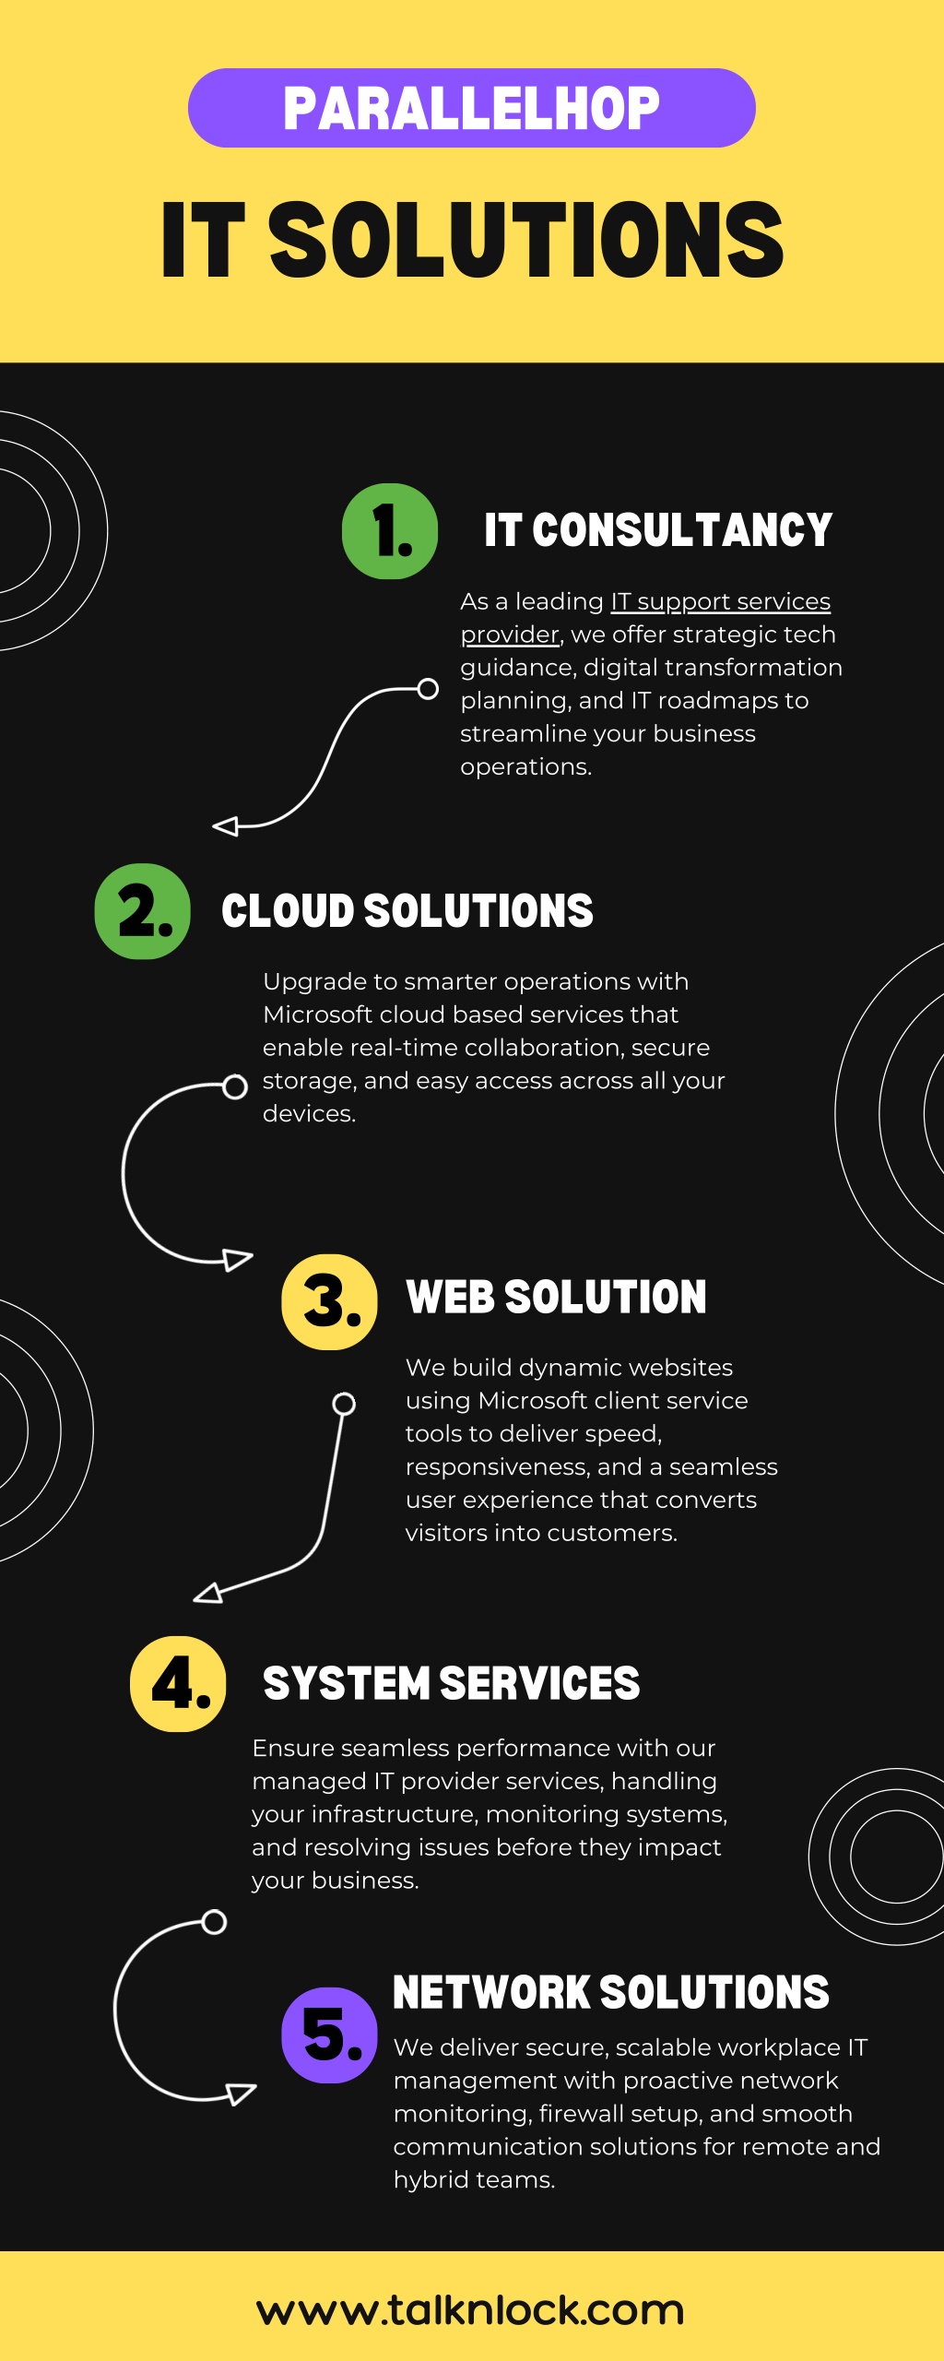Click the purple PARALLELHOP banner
pyautogui.click(x=472, y=108)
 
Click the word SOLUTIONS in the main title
pyautogui.click(x=525, y=240)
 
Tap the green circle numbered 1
pyautogui.click(x=390, y=531)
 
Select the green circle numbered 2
pyautogui.click(x=143, y=911)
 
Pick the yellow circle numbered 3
pyautogui.click(x=329, y=1302)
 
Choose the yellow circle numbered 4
pyautogui.click(x=178, y=1684)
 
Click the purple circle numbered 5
pyautogui.click(x=329, y=2035)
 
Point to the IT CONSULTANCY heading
pyautogui.click(x=658, y=530)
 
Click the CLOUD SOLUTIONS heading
pyautogui.click(x=407, y=911)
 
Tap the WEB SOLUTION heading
pyautogui.click(x=556, y=1297)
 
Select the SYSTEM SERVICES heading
pyautogui.click(x=451, y=1683)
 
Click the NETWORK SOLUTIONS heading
pyautogui.click(x=611, y=1992)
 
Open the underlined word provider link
pyautogui.click(x=510, y=635)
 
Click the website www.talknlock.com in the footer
pyautogui.click(x=470, y=2310)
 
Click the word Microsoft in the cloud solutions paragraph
pyautogui.click(x=318, y=1014)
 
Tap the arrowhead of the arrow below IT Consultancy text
pyautogui.click(x=225, y=826)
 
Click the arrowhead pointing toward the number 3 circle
pyautogui.click(x=239, y=1260)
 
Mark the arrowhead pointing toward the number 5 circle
pyautogui.click(x=242, y=2094)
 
